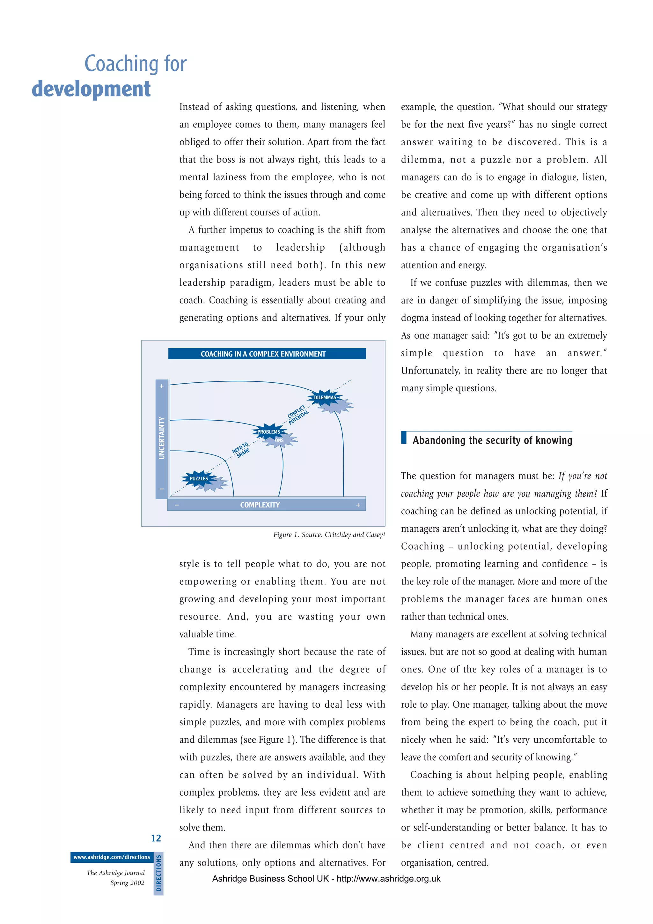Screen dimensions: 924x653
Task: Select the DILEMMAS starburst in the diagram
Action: click(x=325, y=397)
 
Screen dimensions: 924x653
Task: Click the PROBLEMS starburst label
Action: click(x=268, y=432)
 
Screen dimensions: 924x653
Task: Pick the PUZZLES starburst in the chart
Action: click(x=199, y=478)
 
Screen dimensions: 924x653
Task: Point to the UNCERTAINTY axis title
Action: click(x=162, y=438)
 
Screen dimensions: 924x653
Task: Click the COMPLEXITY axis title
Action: click(x=260, y=505)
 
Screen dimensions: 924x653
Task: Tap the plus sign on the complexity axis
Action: click(x=358, y=505)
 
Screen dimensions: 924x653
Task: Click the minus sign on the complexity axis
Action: click(x=177, y=505)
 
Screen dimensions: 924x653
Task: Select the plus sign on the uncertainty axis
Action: click(x=162, y=386)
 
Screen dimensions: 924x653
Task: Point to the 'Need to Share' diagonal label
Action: click(x=241, y=450)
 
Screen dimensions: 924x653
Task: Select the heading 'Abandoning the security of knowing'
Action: click(x=492, y=440)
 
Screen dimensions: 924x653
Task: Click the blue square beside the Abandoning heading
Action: click(x=404, y=438)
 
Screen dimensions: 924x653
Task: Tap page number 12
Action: click(x=156, y=838)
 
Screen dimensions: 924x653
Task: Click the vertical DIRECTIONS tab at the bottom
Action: click(x=158, y=873)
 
